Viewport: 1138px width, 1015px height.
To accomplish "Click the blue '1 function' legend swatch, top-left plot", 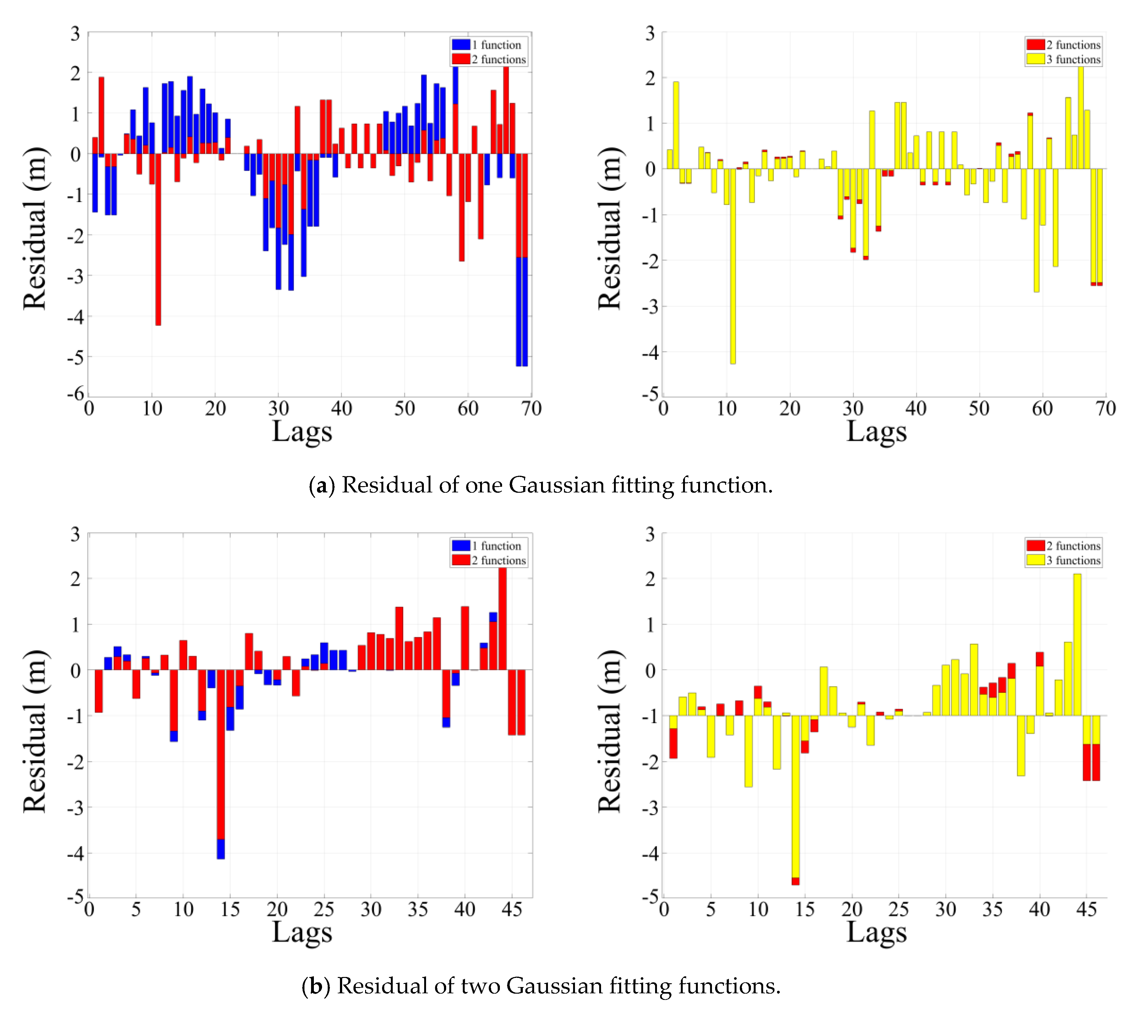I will pyautogui.click(x=461, y=45).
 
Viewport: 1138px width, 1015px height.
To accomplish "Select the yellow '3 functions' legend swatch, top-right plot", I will pyautogui.click(x=1035, y=59).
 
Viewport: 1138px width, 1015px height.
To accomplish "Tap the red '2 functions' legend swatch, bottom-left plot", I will pyautogui.click(x=461, y=560).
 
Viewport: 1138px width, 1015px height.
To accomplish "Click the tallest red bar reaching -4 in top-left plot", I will pyautogui.click(x=158, y=240).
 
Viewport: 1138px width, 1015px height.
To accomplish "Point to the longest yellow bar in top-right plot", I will pyautogui.click(x=733, y=266).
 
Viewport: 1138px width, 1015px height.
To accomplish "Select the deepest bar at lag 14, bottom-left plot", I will pyautogui.click(x=221, y=764).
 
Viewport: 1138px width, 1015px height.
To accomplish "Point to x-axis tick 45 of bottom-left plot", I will pyautogui.click(x=512, y=910).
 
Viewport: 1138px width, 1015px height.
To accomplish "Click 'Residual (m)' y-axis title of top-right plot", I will pyautogui.click(x=610, y=229).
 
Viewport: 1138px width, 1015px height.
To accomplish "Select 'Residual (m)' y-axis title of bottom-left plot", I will pyautogui.click(x=35, y=731).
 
